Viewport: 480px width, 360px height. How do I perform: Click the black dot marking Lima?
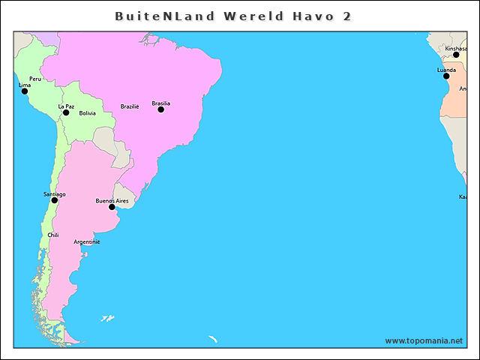[x=24, y=91]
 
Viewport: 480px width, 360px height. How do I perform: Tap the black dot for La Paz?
[x=66, y=112]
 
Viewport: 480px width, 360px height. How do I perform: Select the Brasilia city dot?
[x=160, y=109]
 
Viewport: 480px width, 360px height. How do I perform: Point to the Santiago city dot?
[x=54, y=200]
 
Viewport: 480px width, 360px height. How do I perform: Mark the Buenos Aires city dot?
[x=112, y=207]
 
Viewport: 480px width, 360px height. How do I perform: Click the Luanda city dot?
[x=446, y=76]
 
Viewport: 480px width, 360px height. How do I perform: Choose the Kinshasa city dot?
[x=456, y=55]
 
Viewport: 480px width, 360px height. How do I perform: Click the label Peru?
[x=35, y=79]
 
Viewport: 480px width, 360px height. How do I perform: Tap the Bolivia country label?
[x=87, y=113]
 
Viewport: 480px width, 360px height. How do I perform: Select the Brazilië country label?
[x=130, y=106]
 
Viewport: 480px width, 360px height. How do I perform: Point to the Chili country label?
[x=52, y=235]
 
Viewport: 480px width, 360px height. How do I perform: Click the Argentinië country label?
[x=87, y=241]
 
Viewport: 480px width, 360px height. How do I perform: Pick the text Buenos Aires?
[x=112, y=200]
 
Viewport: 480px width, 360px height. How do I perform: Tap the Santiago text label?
[x=54, y=194]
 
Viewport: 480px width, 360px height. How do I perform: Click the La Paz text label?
[x=66, y=106]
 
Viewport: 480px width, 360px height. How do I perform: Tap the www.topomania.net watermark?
[x=424, y=340]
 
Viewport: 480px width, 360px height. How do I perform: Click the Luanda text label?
[x=446, y=70]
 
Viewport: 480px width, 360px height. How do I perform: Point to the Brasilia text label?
[x=160, y=103]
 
